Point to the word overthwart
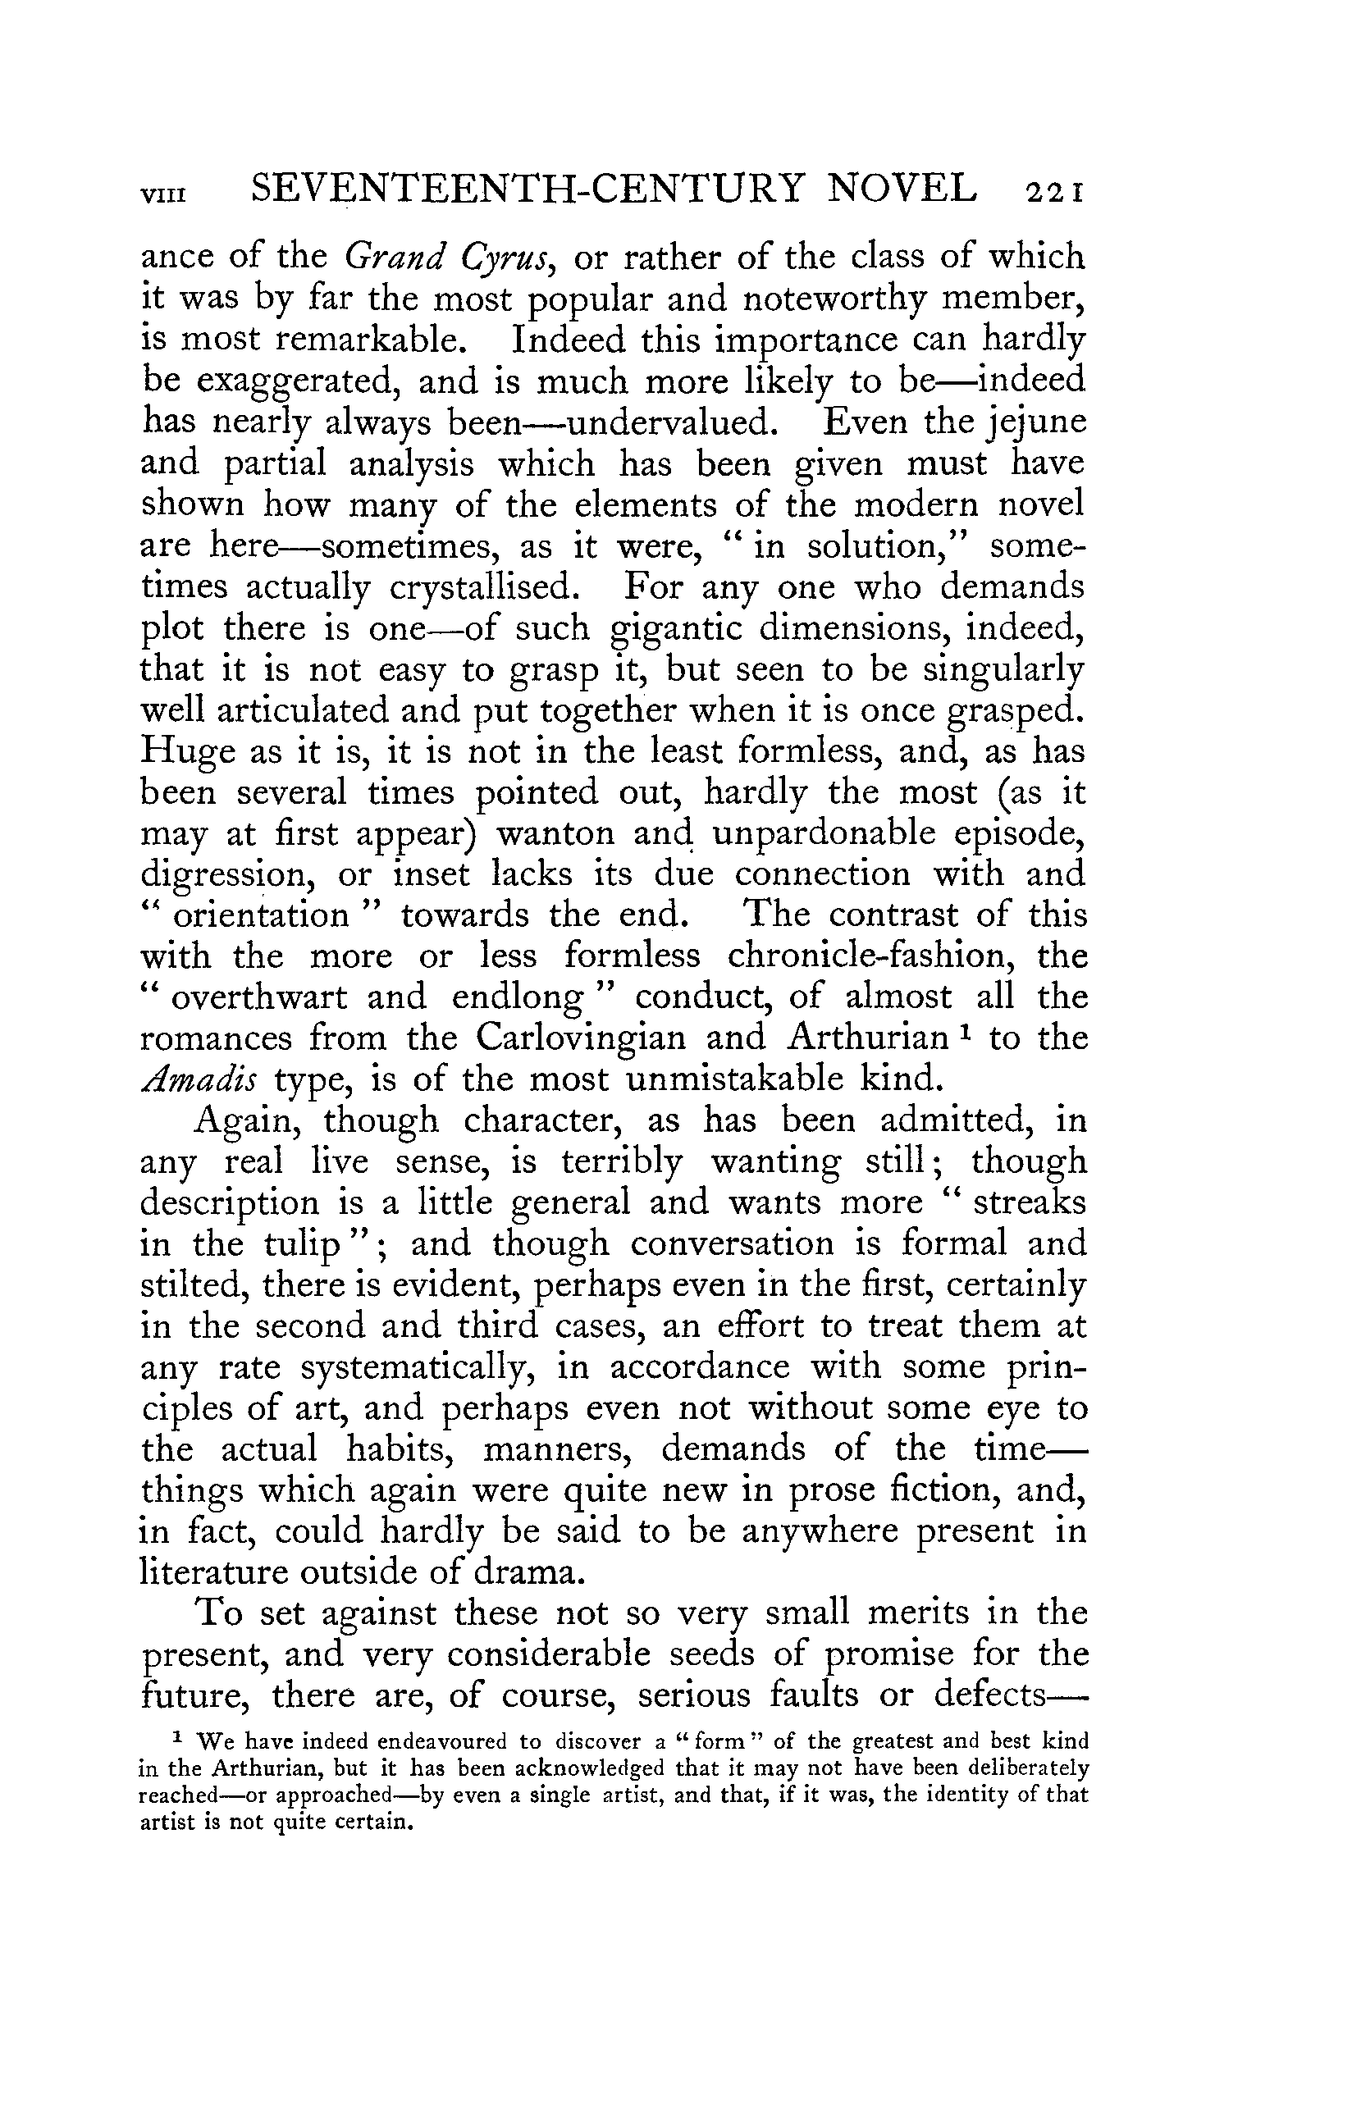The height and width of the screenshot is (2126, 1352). point(258,997)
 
